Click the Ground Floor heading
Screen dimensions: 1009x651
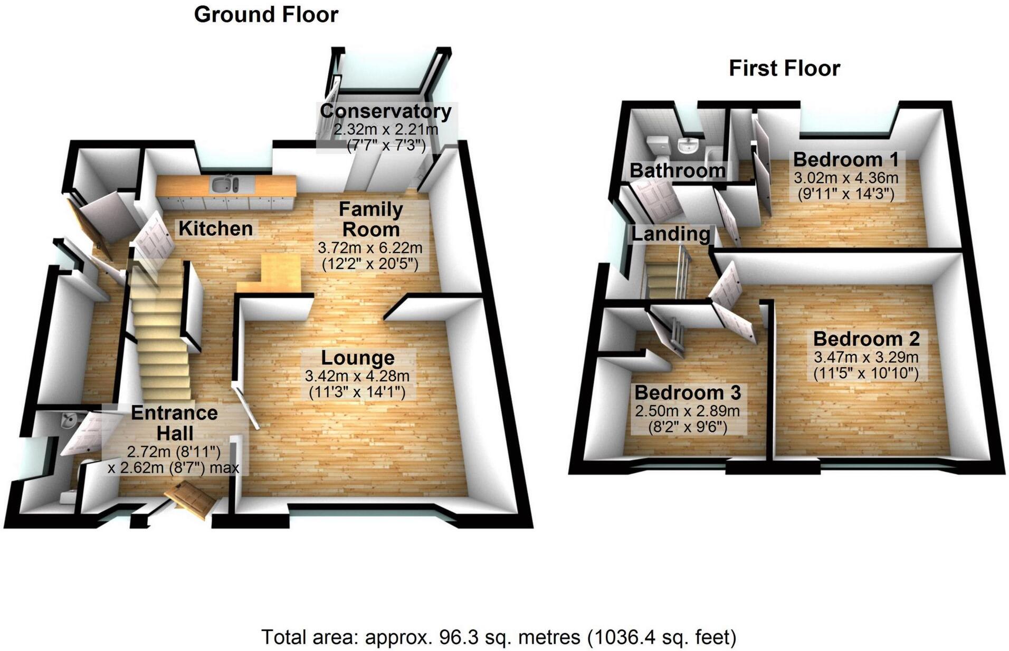click(x=266, y=14)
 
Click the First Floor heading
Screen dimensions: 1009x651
click(x=784, y=69)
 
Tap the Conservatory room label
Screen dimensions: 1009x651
click(x=386, y=111)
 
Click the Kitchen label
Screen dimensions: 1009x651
click(x=216, y=228)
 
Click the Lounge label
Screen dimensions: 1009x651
click(x=358, y=358)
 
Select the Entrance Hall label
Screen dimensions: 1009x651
click(x=175, y=423)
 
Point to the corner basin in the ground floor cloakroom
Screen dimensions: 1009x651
click(x=69, y=421)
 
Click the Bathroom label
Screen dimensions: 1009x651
click(x=678, y=170)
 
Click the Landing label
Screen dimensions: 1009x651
click(x=671, y=234)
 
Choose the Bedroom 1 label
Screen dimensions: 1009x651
click(x=845, y=159)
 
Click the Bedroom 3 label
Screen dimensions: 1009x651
click(x=688, y=392)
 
